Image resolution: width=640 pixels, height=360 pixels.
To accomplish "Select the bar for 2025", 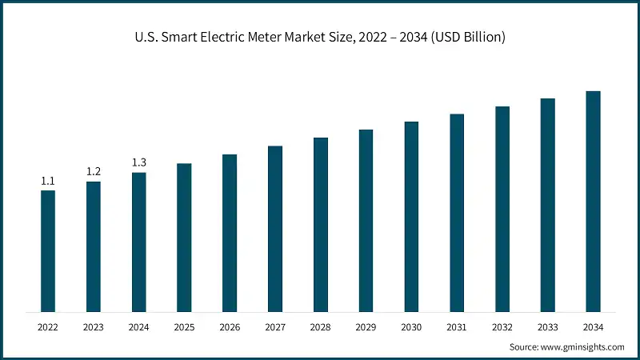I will coord(184,238).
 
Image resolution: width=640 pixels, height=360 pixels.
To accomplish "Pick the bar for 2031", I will coord(457,213).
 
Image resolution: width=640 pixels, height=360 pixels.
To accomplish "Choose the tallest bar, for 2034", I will coord(593,201).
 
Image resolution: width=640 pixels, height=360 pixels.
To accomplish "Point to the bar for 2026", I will coord(230,233).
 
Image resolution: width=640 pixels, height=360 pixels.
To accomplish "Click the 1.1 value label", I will coord(48,181).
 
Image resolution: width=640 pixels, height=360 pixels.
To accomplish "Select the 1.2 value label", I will coord(94,172).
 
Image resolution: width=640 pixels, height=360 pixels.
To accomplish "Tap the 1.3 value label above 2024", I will coord(138,163).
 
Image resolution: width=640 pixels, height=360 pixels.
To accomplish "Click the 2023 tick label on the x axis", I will coord(94,326).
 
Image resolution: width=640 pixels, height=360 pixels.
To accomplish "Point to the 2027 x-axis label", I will coord(275,326).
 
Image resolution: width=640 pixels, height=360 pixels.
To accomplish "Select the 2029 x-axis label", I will coord(366,326).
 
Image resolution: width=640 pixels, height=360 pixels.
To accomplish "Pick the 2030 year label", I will coord(411,326).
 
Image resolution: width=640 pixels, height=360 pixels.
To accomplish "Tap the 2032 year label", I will coord(502,326).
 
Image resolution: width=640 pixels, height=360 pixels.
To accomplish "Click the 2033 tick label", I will coord(547,326).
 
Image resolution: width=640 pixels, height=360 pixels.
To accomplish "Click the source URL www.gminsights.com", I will coord(583,347).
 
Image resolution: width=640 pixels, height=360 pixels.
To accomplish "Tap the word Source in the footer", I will coord(524,347).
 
